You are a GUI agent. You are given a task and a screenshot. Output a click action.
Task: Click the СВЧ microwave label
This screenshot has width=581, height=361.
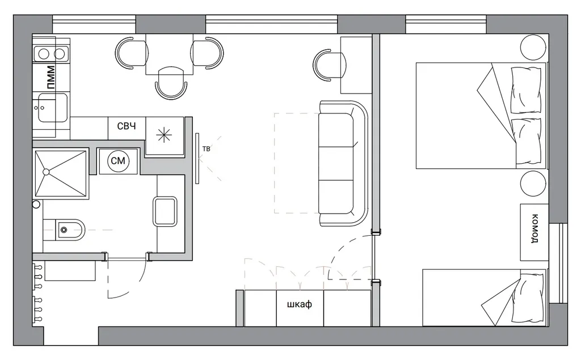click(127, 126)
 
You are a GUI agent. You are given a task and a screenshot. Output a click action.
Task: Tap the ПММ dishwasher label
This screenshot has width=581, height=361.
click(50, 78)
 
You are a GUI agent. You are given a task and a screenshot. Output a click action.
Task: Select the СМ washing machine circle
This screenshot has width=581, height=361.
click(118, 161)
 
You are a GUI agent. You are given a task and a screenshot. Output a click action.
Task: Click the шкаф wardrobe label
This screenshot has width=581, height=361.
click(300, 304)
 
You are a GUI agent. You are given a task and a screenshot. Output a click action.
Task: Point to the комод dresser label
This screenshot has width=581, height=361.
click(535, 228)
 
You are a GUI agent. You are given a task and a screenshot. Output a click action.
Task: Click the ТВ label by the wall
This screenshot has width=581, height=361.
click(207, 149)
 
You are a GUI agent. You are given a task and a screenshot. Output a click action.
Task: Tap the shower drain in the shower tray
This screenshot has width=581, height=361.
click(47, 172)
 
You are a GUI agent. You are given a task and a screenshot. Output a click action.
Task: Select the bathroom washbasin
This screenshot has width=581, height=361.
click(165, 211)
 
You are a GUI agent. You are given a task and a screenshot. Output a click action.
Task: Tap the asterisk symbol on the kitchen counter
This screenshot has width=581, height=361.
click(164, 135)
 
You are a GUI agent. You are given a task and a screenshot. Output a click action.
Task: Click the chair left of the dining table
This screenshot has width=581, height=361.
click(132, 53)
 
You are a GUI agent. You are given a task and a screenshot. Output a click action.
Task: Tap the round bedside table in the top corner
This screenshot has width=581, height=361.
click(533, 47)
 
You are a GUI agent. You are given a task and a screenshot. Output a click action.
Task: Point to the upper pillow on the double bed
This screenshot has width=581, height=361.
click(526, 90)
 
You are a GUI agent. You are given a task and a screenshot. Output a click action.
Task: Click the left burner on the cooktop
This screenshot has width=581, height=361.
click(44, 54)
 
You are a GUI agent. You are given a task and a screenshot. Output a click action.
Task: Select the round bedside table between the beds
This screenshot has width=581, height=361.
click(533, 184)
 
